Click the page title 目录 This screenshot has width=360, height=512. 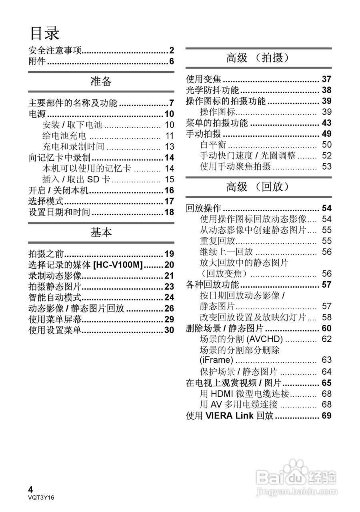click(x=44, y=33)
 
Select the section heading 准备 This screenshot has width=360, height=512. click(x=101, y=82)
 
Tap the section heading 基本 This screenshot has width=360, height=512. click(x=101, y=233)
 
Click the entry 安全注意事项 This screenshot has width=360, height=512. click(x=55, y=50)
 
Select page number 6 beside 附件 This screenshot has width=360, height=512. click(x=171, y=61)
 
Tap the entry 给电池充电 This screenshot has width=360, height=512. click(x=64, y=136)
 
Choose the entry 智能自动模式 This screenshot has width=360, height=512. click(x=55, y=297)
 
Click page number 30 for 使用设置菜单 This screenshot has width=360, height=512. click(x=169, y=330)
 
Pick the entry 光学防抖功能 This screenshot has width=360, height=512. click(x=212, y=90)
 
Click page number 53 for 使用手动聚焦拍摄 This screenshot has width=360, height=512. click(x=326, y=166)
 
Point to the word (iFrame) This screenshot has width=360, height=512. click(x=216, y=360)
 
